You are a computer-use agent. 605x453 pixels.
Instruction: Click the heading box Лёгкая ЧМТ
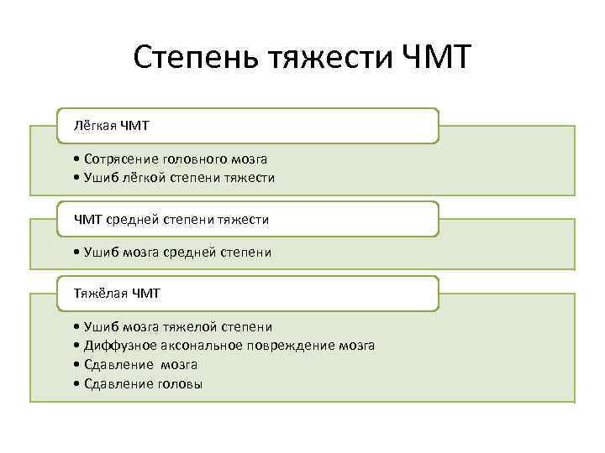(x=248, y=126)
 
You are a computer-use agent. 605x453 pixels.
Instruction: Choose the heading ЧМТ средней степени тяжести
(x=248, y=219)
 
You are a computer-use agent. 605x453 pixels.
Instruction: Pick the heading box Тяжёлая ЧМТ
(x=248, y=294)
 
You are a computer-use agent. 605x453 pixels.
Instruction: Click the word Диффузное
(x=117, y=345)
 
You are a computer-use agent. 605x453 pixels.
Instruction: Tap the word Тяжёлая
(x=96, y=294)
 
